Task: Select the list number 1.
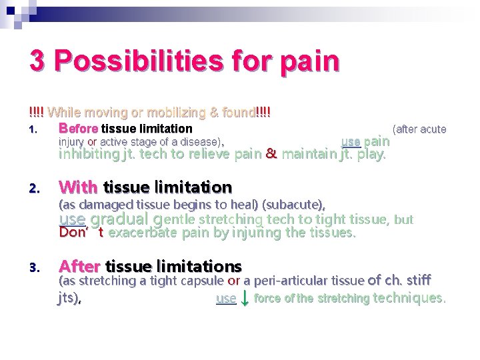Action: [x=33, y=129]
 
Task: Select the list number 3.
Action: [x=34, y=268]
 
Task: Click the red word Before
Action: [x=78, y=129]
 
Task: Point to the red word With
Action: [x=79, y=187]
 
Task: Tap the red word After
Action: [x=79, y=267]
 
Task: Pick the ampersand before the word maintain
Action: [x=271, y=155]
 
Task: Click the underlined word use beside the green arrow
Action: [x=226, y=299]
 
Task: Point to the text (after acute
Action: [x=419, y=129]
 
